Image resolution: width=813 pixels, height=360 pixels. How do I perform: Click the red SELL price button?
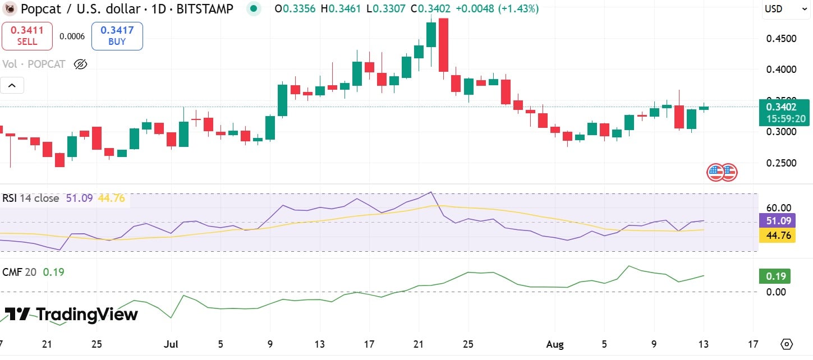pyautogui.click(x=27, y=36)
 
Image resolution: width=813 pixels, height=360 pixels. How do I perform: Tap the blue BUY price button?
pyautogui.click(x=117, y=36)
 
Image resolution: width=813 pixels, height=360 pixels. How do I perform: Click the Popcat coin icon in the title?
pyautogui.click(x=10, y=9)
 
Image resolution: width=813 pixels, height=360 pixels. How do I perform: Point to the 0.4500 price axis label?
pyautogui.click(x=780, y=39)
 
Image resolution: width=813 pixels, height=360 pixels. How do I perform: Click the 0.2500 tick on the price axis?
pyautogui.click(x=780, y=163)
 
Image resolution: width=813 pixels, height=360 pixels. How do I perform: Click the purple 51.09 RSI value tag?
pyautogui.click(x=777, y=220)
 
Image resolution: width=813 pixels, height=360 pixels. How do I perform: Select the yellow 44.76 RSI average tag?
pyautogui.click(x=777, y=236)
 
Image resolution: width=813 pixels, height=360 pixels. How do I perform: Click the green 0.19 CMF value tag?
pyautogui.click(x=774, y=276)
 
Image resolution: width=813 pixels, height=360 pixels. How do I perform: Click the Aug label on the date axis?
pyautogui.click(x=555, y=344)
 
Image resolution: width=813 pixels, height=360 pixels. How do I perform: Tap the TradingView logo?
pyautogui.click(x=71, y=314)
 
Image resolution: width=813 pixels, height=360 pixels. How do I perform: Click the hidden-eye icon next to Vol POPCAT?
pyautogui.click(x=80, y=64)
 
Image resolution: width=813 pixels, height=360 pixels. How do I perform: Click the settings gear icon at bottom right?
pyautogui.click(x=787, y=344)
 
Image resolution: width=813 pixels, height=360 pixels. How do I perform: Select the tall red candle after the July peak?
pyautogui.click(x=443, y=45)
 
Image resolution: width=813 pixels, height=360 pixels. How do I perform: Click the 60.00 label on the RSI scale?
pyautogui.click(x=778, y=207)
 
